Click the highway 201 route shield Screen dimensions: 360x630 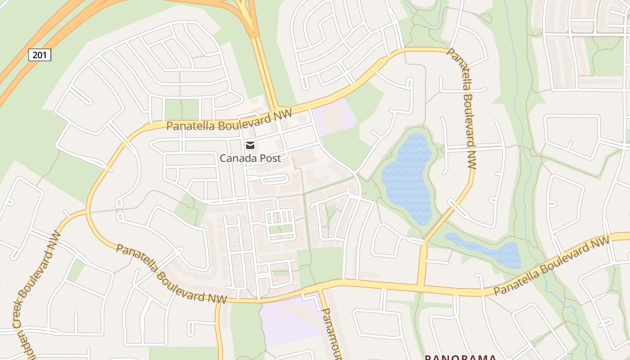pos(40,55)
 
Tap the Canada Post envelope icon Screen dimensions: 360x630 pos(250,145)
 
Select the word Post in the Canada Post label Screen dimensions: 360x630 pos(269,158)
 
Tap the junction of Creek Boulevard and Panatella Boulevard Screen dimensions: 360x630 pos(86,211)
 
